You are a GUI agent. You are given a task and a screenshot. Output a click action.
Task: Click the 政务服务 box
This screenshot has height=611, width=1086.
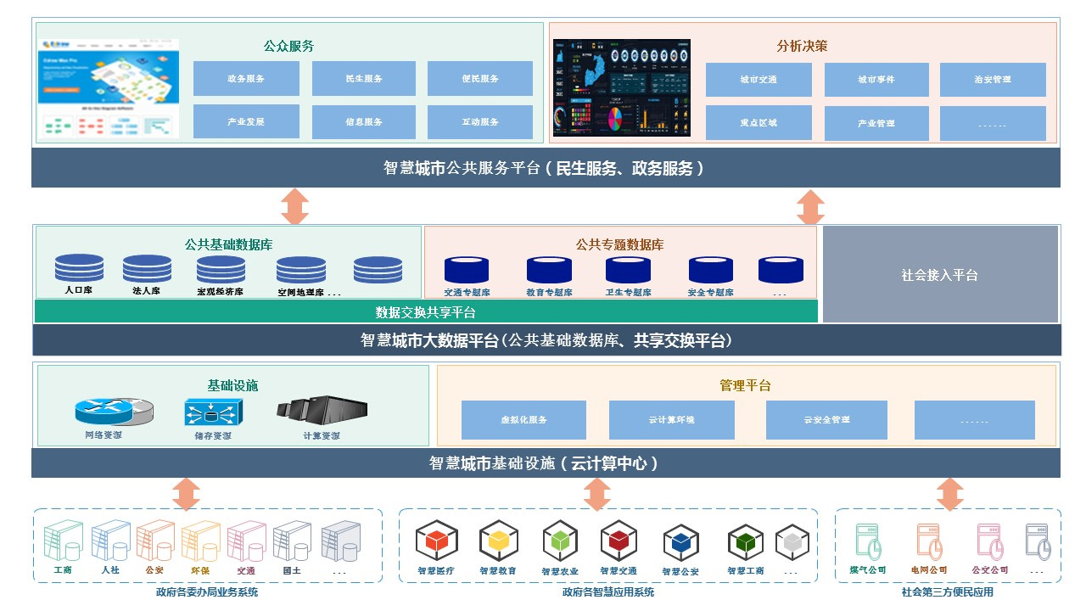pyautogui.click(x=246, y=79)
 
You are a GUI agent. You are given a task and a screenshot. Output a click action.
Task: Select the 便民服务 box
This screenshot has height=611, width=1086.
pyautogui.click(x=480, y=79)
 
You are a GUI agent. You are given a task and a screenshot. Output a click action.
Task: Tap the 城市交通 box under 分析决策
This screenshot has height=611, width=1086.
pyautogui.click(x=759, y=80)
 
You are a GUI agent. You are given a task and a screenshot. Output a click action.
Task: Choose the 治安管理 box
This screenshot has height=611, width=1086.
pyautogui.click(x=993, y=80)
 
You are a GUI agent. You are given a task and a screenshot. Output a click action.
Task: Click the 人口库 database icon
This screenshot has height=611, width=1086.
pyautogui.click(x=79, y=268)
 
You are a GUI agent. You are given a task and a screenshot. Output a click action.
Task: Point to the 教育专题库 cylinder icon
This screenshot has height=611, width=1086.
pyautogui.click(x=549, y=270)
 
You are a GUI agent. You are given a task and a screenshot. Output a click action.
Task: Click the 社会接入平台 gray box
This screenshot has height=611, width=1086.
pyautogui.click(x=940, y=275)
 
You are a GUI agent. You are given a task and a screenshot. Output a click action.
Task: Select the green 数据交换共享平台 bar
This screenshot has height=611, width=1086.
pyautogui.click(x=426, y=311)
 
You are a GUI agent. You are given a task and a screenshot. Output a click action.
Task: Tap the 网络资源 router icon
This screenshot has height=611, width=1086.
pyautogui.click(x=114, y=412)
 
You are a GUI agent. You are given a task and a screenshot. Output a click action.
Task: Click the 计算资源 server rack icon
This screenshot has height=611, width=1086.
pyautogui.click(x=322, y=410)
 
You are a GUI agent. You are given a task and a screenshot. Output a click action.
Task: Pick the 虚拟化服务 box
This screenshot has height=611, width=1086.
pyautogui.click(x=523, y=420)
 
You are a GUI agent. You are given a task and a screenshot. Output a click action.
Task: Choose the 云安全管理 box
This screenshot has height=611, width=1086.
pyautogui.click(x=826, y=420)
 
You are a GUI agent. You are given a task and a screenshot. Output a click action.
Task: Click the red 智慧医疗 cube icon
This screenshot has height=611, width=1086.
pyautogui.click(x=437, y=541)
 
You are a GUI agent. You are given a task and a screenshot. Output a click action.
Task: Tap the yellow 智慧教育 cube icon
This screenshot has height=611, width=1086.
pyautogui.click(x=498, y=541)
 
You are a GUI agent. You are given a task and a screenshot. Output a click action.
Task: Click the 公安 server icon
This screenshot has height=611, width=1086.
pyautogui.click(x=154, y=541)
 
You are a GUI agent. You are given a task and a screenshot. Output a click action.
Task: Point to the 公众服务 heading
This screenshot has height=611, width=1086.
pyautogui.click(x=288, y=46)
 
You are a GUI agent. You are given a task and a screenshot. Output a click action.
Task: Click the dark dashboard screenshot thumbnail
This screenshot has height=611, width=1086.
pyautogui.click(x=622, y=87)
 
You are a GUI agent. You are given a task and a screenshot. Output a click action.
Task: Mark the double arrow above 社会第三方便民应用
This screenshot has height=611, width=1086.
pyautogui.click(x=949, y=494)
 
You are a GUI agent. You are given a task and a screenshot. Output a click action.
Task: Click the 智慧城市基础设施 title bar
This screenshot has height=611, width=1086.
pyautogui.click(x=546, y=463)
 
